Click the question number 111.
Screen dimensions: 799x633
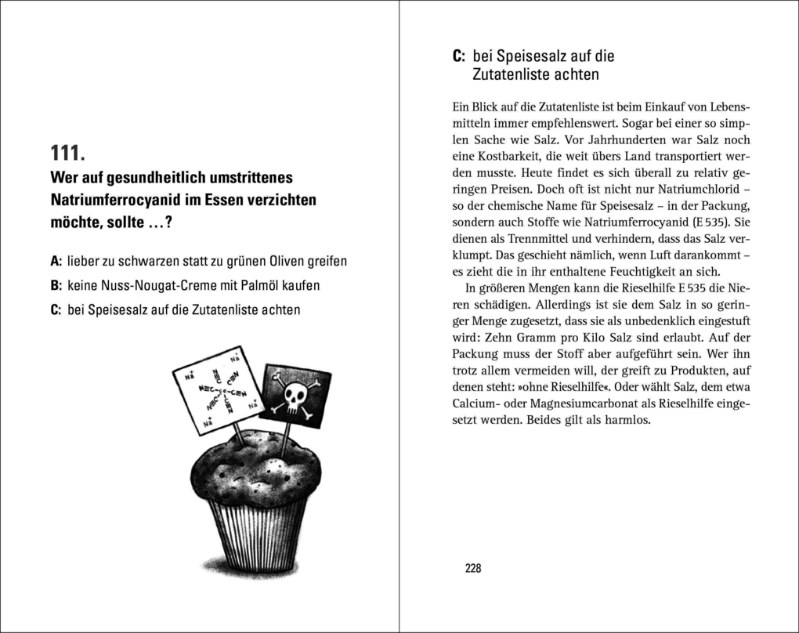point(73,153)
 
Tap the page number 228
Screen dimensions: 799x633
point(472,568)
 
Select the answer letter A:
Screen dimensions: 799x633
point(56,260)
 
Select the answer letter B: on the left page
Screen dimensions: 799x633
point(56,284)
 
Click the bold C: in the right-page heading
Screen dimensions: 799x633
point(460,56)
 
